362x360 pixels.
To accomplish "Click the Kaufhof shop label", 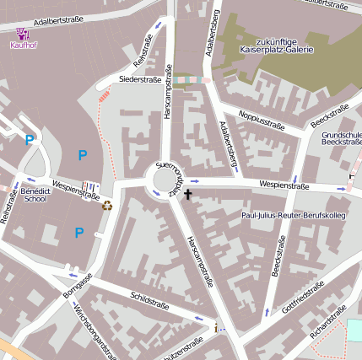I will point(24,46).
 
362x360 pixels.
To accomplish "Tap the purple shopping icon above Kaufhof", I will point(22,34).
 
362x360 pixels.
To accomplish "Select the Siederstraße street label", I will point(139,79).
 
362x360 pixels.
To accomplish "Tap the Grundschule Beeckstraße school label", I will point(341,138).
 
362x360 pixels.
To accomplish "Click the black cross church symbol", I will point(187,195).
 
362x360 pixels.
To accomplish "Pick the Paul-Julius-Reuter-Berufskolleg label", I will point(294,217).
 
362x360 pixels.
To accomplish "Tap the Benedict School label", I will point(35,196).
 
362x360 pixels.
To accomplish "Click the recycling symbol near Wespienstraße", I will point(107,205).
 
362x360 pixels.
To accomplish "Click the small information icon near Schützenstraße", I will point(217,327).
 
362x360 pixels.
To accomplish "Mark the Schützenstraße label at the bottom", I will point(181,348).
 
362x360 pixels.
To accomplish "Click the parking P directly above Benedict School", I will point(30,140).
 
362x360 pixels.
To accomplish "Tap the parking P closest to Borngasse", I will point(79,232).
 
